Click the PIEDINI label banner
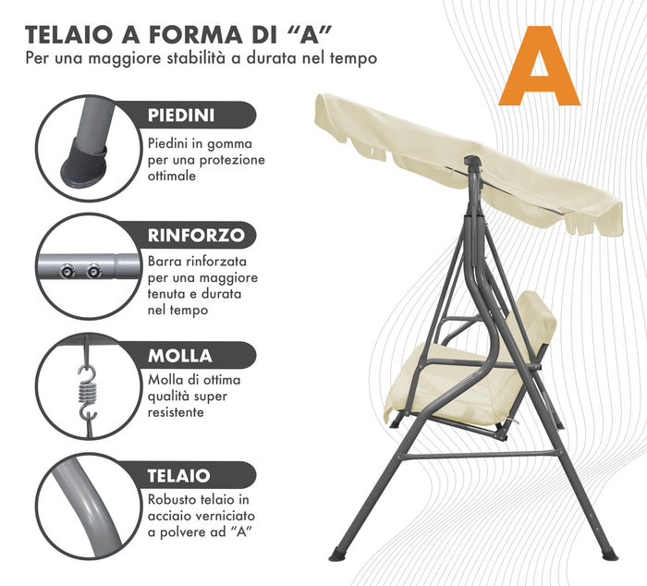click(x=194, y=116)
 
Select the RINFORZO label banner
click(x=196, y=235)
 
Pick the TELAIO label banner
click(x=190, y=476)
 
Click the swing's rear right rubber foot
click(x=607, y=554)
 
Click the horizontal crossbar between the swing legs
click(x=481, y=455)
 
